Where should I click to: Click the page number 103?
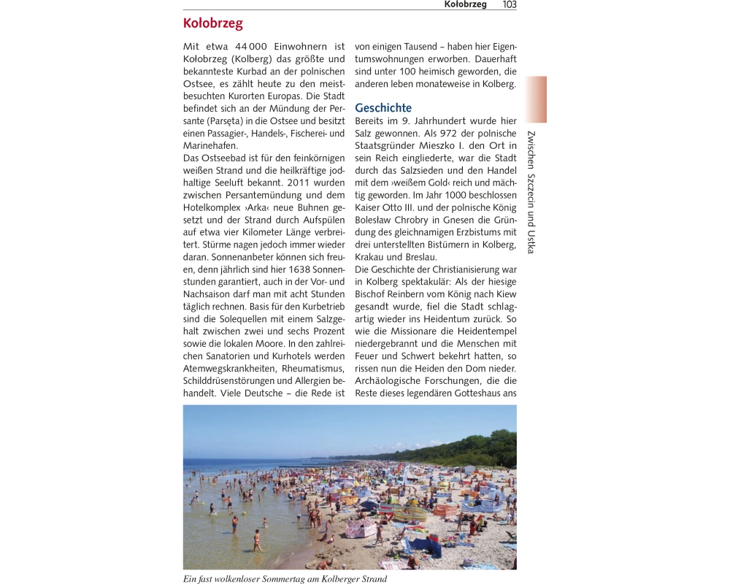click(510, 4)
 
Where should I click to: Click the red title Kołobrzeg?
click(212, 23)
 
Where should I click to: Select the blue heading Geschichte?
click(383, 108)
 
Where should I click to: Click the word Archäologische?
click(392, 381)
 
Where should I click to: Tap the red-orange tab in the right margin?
click(535, 99)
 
